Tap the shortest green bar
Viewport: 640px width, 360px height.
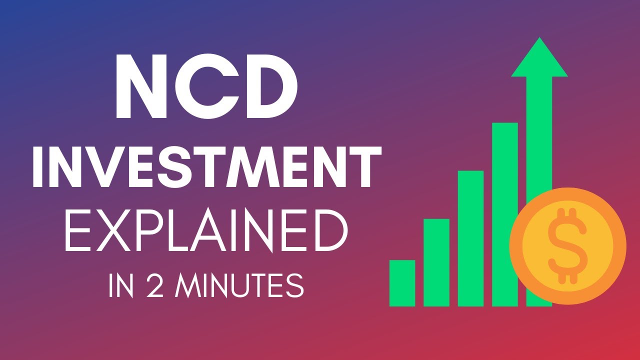click(402, 283)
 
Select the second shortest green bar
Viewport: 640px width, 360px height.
click(436, 262)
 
